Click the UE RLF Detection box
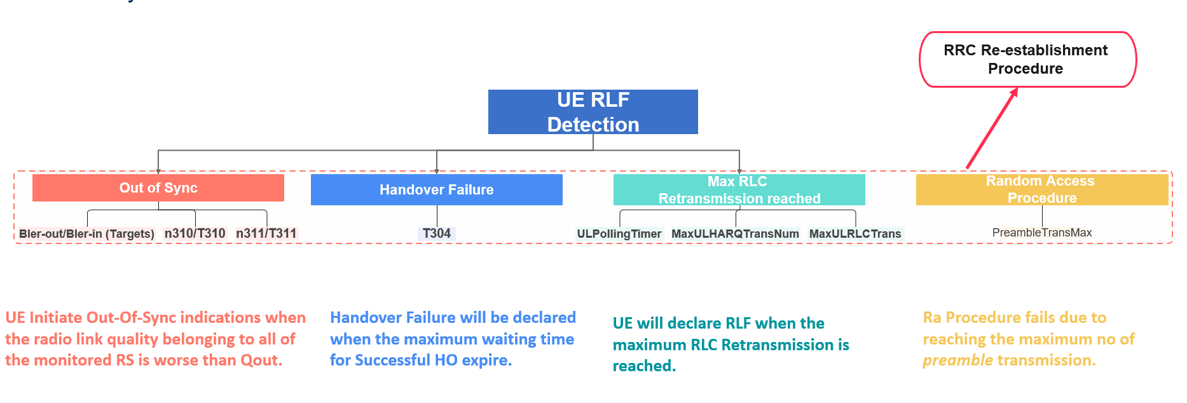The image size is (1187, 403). (x=593, y=112)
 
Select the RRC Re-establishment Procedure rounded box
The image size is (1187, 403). (x=1027, y=60)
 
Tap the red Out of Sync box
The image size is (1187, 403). (x=158, y=188)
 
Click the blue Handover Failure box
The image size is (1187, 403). (x=436, y=190)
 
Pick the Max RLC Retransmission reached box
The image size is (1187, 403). (x=739, y=190)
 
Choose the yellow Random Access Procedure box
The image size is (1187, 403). (x=1041, y=190)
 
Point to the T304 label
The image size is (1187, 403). (x=437, y=233)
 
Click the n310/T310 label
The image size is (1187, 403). (x=195, y=233)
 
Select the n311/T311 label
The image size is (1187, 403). (x=266, y=233)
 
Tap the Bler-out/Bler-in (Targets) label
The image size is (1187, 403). (x=86, y=234)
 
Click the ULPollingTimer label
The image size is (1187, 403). (x=619, y=234)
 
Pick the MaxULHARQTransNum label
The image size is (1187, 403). (x=735, y=234)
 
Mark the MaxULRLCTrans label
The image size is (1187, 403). (x=854, y=234)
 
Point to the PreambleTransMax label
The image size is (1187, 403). (x=1041, y=233)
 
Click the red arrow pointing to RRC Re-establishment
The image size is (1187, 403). (x=992, y=130)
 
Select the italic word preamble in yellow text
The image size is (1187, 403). (x=957, y=360)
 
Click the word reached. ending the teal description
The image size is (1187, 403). (x=643, y=366)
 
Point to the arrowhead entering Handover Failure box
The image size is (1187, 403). (x=437, y=171)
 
